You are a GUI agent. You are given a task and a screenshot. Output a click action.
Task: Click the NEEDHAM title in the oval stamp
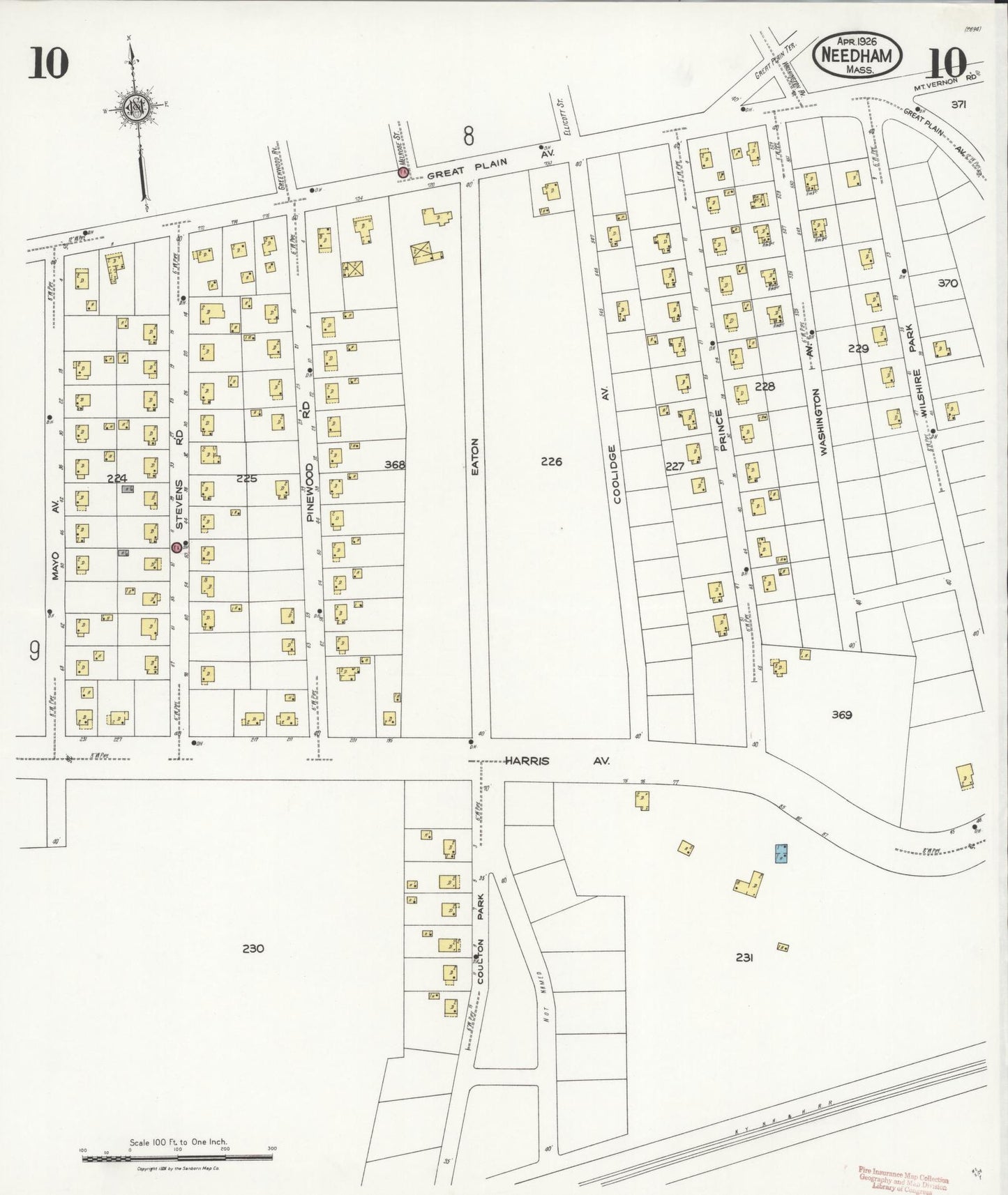pyautogui.click(x=857, y=55)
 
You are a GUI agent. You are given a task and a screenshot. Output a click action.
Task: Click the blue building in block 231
pyautogui.click(x=782, y=853)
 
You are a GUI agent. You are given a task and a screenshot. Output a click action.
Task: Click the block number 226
pyautogui.click(x=551, y=462)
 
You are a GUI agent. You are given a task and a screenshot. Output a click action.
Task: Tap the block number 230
pyautogui.click(x=253, y=948)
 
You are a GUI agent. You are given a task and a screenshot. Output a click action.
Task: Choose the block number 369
pyautogui.click(x=842, y=715)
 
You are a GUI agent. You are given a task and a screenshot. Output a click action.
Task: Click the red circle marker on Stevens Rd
pyautogui.click(x=176, y=547)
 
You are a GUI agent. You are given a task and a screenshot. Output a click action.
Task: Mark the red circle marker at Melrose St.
pyautogui.click(x=403, y=172)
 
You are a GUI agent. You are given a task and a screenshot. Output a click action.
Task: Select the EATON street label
pyautogui.click(x=474, y=457)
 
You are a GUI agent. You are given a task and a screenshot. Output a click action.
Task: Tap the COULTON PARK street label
pyautogui.click(x=481, y=934)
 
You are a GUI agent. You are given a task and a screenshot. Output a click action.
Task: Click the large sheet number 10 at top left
pyautogui.click(x=48, y=63)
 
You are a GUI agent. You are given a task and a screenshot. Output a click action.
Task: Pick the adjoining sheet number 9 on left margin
pyautogui.click(x=33, y=650)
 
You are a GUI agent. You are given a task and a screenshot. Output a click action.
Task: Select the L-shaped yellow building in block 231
pyautogui.click(x=749, y=883)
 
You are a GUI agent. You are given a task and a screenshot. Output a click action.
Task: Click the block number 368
pyautogui.click(x=395, y=464)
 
